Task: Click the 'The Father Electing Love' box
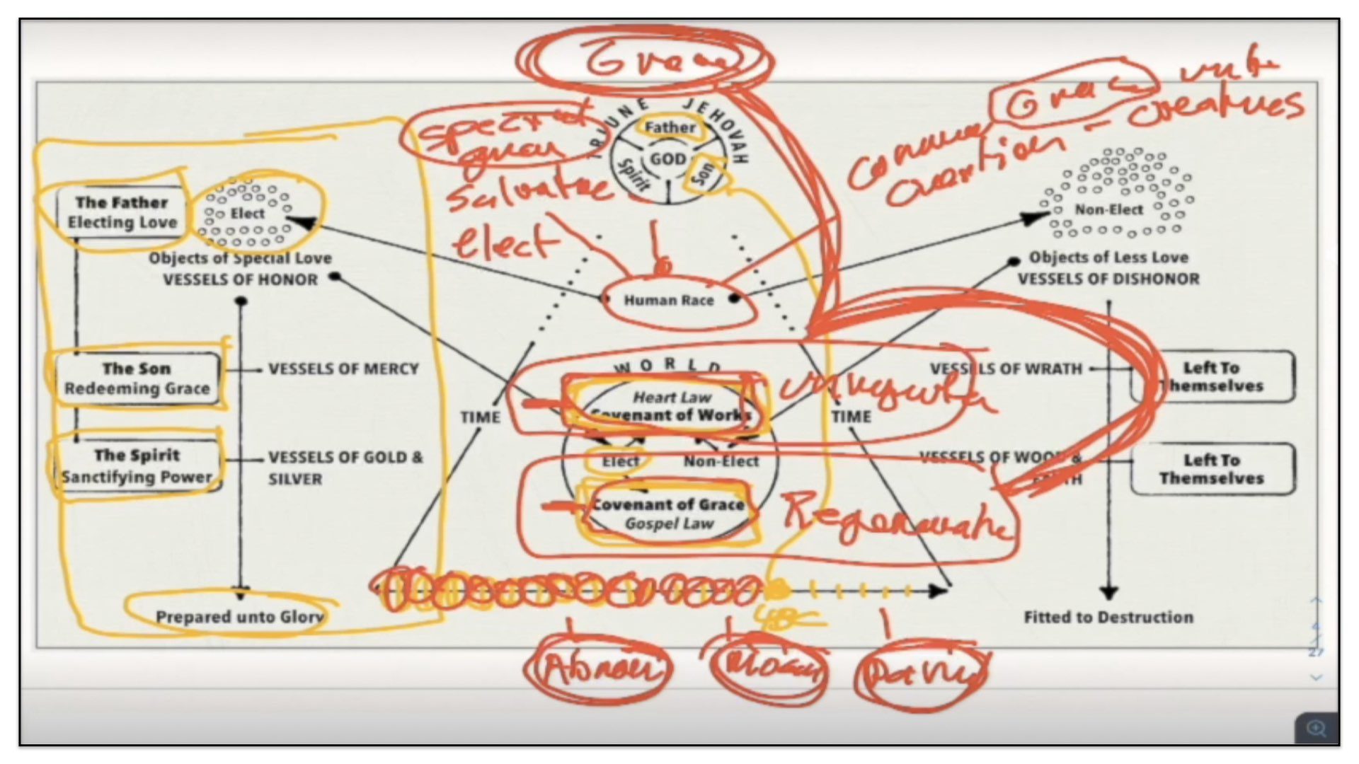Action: pyautogui.click(x=122, y=212)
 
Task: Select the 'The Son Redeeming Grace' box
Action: pyautogui.click(x=137, y=378)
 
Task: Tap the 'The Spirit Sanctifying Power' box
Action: pyautogui.click(x=137, y=465)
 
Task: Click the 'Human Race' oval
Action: pyautogui.click(x=669, y=300)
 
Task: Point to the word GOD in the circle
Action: pyautogui.click(x=668, y=159)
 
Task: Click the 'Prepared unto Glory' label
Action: pyautogui.click(x=239, y=617)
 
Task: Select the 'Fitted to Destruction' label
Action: pyautogui.click(x=1108, y=617)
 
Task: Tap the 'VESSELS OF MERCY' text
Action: pyautogui.click(x=343, y=369)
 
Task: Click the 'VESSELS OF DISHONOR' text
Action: pyautogui.click(x=1108, y=279)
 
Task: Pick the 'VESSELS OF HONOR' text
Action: pyautogui.click(x=241, y=279)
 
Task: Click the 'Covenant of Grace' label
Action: pyautogui.click(x=669, y=504)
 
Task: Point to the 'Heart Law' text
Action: pyautogui.click(x=672, y=397)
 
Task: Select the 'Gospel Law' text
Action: pyautogui.click(x=669, y=523)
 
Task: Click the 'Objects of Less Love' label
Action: pyautogui.click(x=1108, y=257)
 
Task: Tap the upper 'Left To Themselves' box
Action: pyautogui.click(x=1212, y=377)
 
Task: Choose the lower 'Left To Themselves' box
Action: pyautogui.click(x=1212, y=469)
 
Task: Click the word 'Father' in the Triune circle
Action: pyautogui.click(x=670, y=127)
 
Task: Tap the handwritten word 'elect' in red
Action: pyautogui.click(x=504, y=243)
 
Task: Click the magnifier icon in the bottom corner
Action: pyautogui.click(x=1316, y=728)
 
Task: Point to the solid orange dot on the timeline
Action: pyautogui.click(x=777, y=589)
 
